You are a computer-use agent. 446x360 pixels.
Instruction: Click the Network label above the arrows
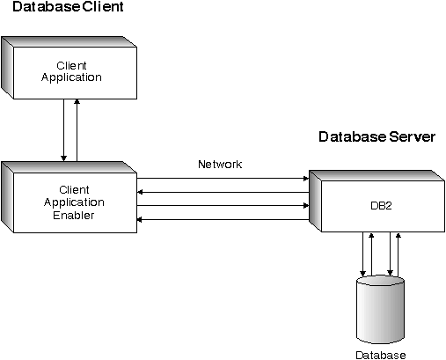click(x=220, y=165)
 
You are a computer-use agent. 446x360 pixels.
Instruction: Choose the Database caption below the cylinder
click(x=381, y=355)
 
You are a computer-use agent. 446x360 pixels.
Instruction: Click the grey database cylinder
click(x=381, y=312)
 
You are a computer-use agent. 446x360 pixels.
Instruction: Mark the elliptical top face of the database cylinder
click(x=381, y=284)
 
